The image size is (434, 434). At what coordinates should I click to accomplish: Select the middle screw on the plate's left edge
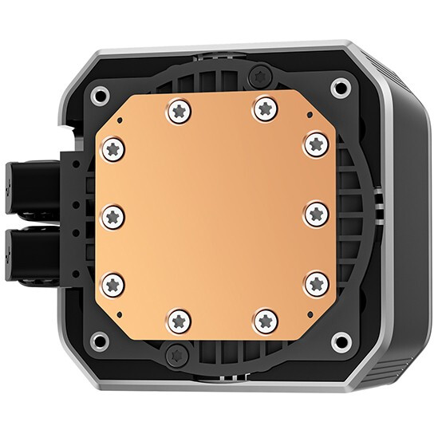click(x=114, y=215)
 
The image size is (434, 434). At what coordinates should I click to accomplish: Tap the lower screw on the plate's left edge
click(x=114, y=282)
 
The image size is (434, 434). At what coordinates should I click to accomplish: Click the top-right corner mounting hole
click(x=341, y=88)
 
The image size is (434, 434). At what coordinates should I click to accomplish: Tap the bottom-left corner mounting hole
click(x=100, y=341)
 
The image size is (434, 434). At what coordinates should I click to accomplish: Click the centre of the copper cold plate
click(x=215, y=215)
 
